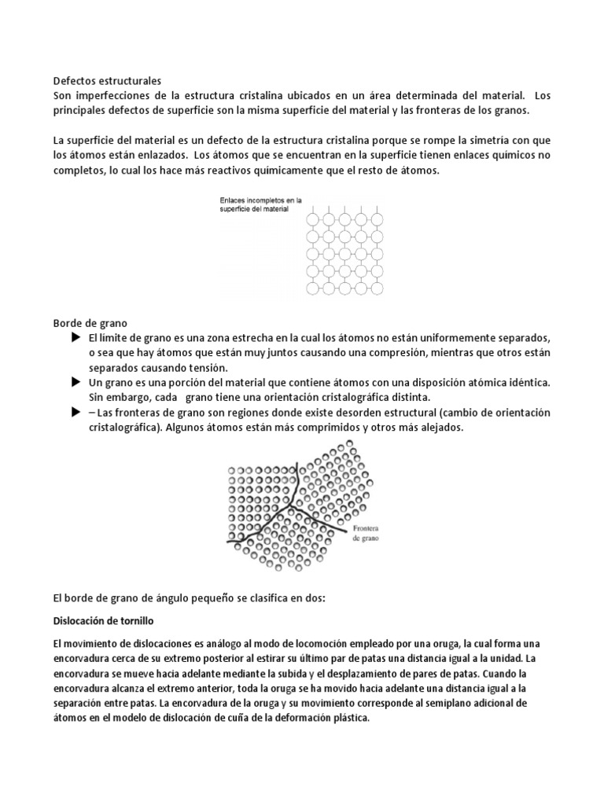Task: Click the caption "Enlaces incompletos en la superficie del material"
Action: point(254,205)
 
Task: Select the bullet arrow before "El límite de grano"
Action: point(76,337)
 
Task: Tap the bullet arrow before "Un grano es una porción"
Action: point(76,381)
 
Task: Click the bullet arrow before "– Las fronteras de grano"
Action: point(76,412)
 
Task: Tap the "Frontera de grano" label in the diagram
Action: point(366,534)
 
